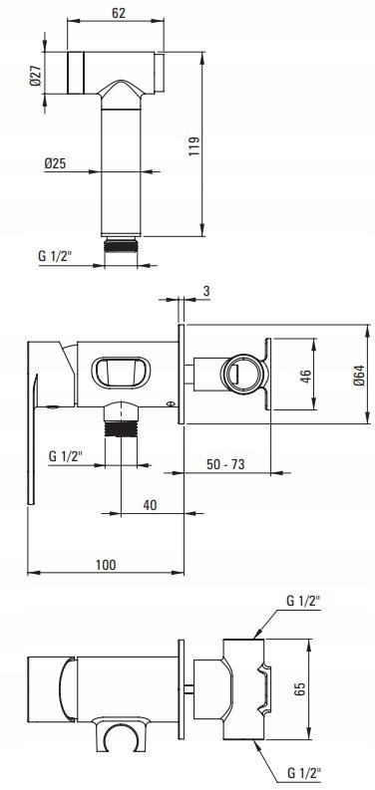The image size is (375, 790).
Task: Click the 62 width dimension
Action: click(x=119, y=13)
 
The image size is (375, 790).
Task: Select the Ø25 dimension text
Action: click(x=55, y=163)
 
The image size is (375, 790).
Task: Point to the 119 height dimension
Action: click(x=194, y=146)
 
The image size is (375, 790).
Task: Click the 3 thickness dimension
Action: click(x=206, y=291)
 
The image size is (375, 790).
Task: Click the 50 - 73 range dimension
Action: click(x=225, y=464)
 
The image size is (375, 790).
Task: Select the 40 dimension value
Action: click(x=150, y=505)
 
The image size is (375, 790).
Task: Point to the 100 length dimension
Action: click(x=106, y=565)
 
